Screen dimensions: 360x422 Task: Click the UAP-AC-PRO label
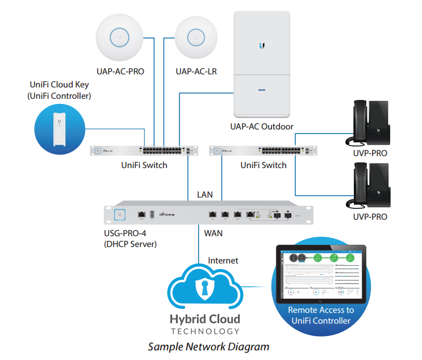click(120, 72)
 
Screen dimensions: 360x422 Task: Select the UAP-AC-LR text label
click(196, 72)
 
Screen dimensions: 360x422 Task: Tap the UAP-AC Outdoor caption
click(262, 127)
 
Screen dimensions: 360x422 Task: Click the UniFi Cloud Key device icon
click(59, 131)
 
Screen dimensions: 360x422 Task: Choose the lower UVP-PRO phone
click(373, 186)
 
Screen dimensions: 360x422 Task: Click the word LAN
click(205, 194)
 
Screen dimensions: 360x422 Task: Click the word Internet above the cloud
click(223, 261)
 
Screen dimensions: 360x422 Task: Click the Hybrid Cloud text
click(205, 319)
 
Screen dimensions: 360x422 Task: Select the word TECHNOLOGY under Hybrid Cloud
click(205, 331)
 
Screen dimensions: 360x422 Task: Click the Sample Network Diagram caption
click(208, 346)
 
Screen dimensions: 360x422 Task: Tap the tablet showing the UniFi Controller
click(321, 274)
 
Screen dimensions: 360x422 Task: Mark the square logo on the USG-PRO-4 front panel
click(120, 215)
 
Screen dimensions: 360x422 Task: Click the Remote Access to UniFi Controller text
click(321, 315)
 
